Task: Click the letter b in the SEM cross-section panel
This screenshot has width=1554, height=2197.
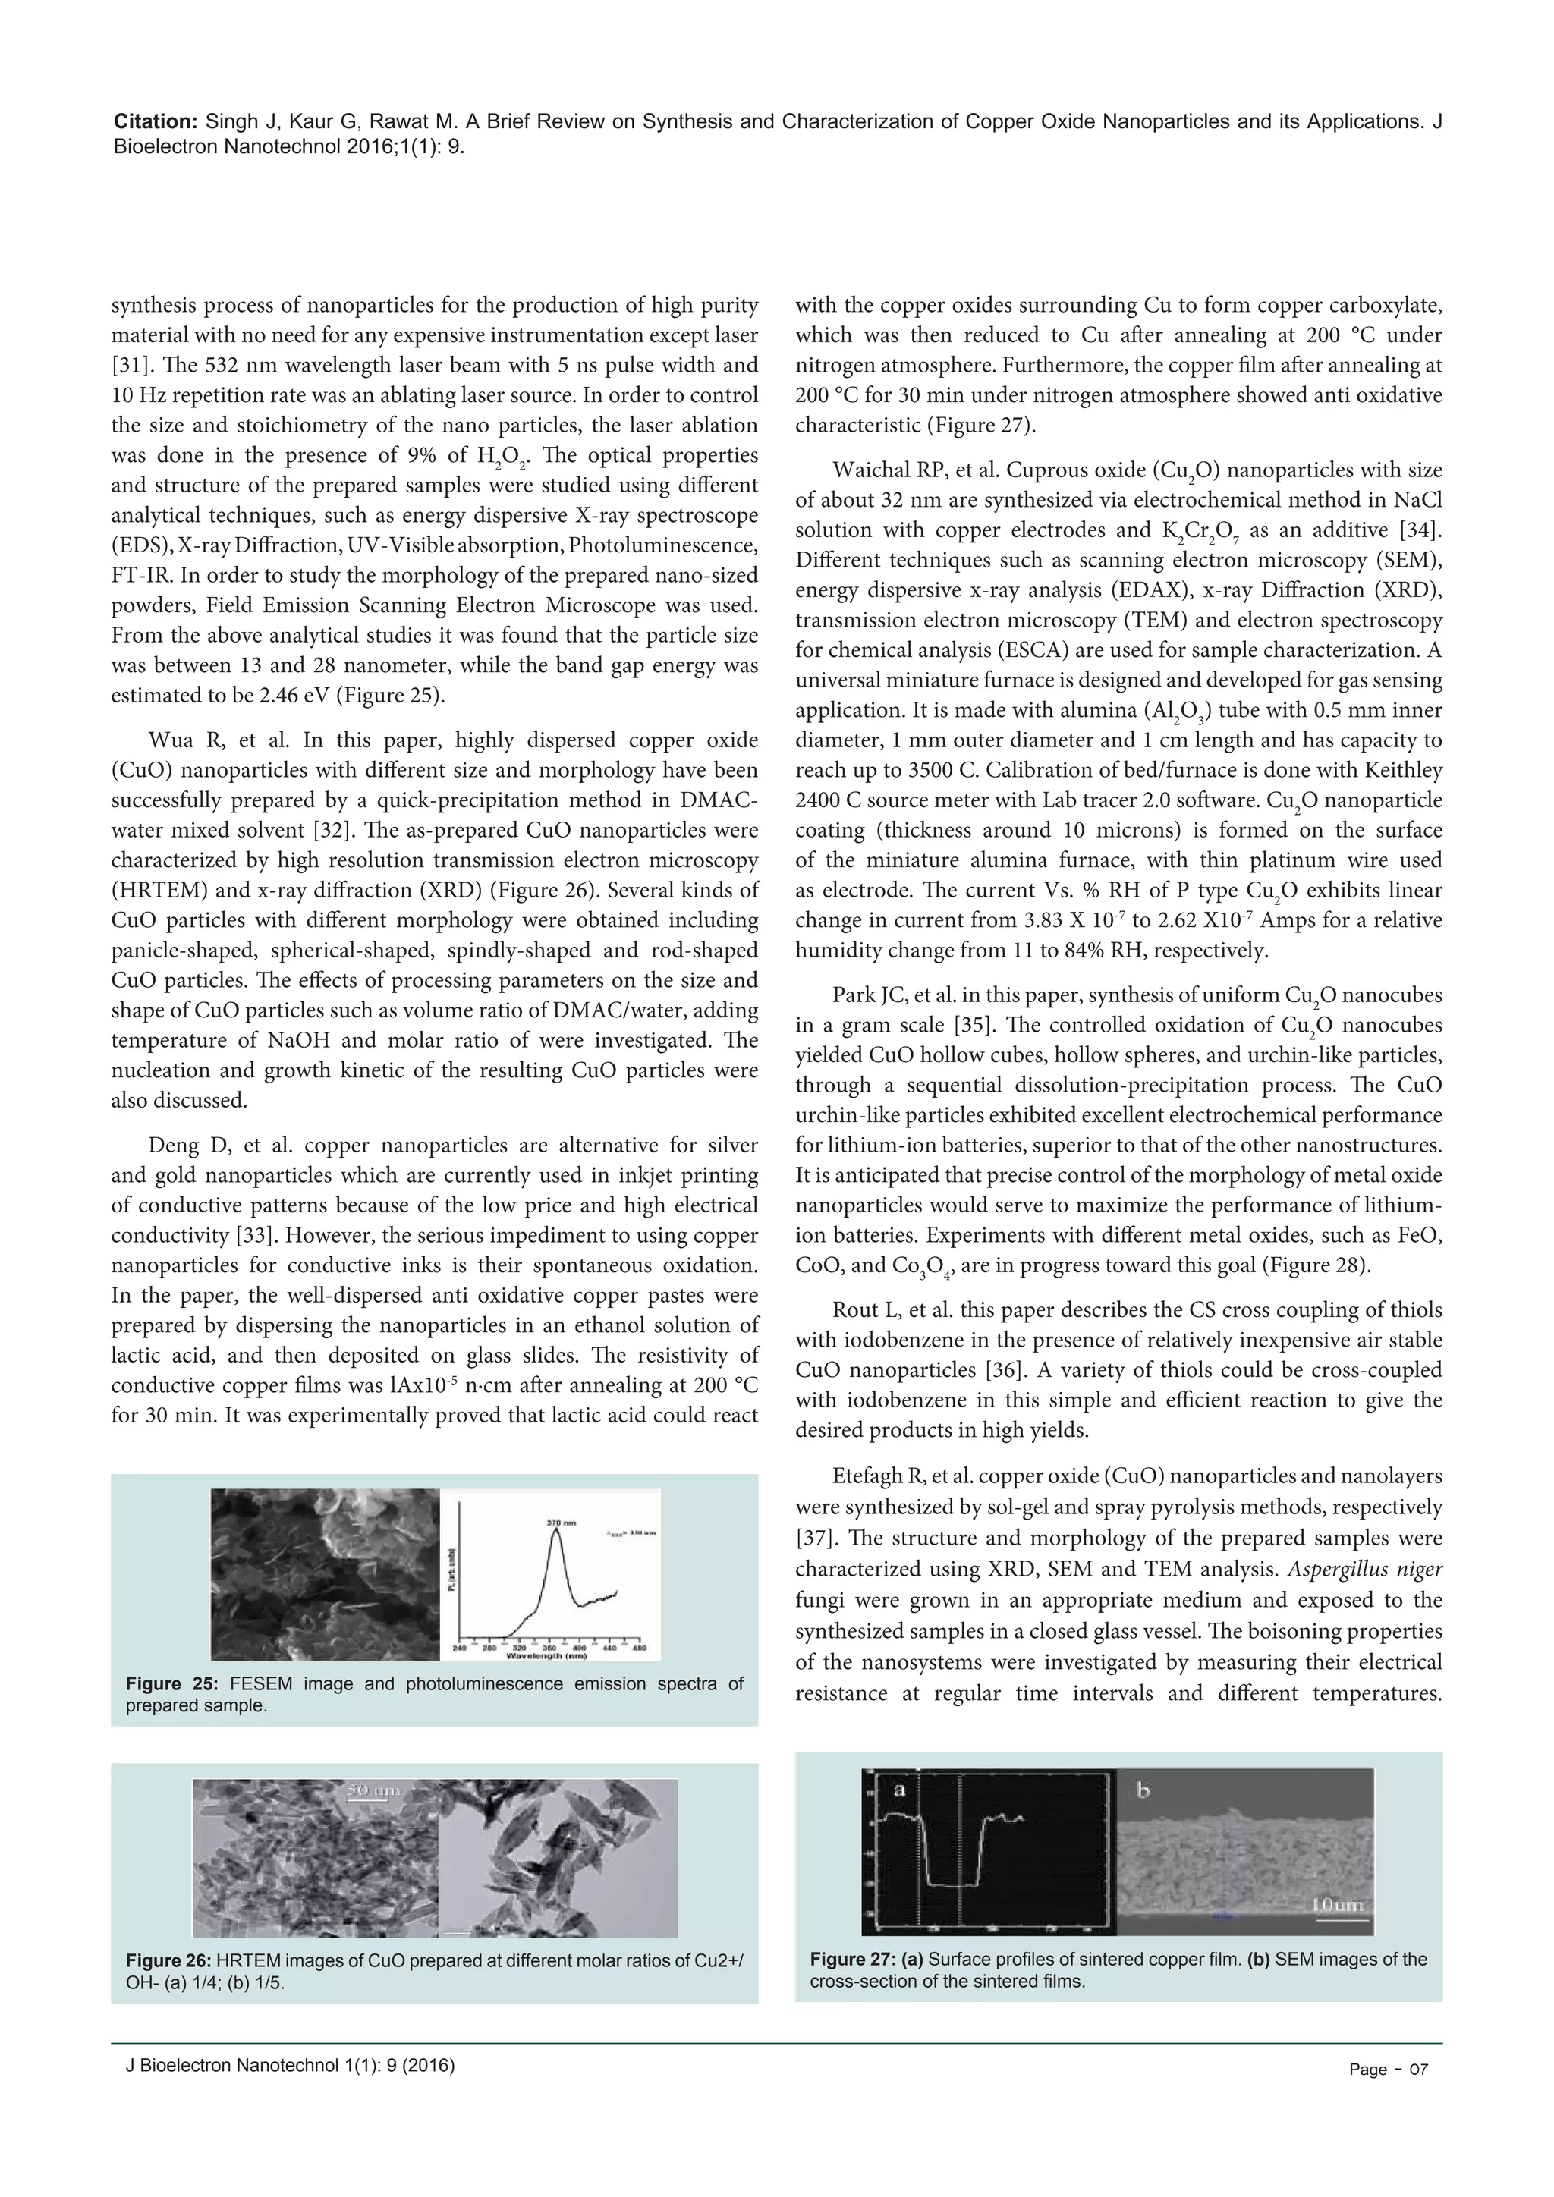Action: click(x=1143, y=1790)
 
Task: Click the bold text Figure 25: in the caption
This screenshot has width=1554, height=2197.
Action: click(x=172, y=1684)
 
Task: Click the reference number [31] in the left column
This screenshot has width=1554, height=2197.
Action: click(x=131, y=366)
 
